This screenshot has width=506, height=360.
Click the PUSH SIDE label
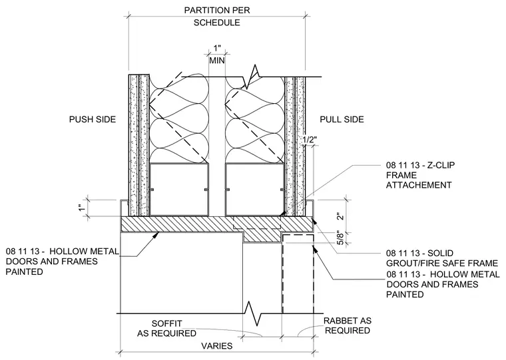(93, 119)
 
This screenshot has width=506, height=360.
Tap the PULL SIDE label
(342, 119)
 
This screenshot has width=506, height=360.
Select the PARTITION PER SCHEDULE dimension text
(217, 16)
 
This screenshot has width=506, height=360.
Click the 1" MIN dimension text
(217, 55)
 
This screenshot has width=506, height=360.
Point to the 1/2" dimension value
(310, 140)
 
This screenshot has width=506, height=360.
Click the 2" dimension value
(341, 216)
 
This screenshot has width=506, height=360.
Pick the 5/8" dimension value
(341, 238)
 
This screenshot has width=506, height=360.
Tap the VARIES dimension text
(217, 346)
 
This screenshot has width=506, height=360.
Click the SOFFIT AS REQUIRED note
(167, 328)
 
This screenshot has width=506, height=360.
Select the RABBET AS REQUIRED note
(348, 326)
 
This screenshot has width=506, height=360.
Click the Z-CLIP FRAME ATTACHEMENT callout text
(420, 175)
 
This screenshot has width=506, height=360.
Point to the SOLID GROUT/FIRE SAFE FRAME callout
(442, 258)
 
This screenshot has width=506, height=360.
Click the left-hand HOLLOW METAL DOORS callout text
(63, 262)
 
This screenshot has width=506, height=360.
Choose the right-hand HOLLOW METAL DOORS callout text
(443, 284)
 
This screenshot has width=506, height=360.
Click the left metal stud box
(179, 190)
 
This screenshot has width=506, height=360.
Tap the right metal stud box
(254, 190)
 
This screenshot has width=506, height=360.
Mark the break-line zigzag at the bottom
(252, 313)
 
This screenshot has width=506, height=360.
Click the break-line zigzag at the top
(252, 77)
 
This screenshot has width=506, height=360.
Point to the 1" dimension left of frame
(83, 208)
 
